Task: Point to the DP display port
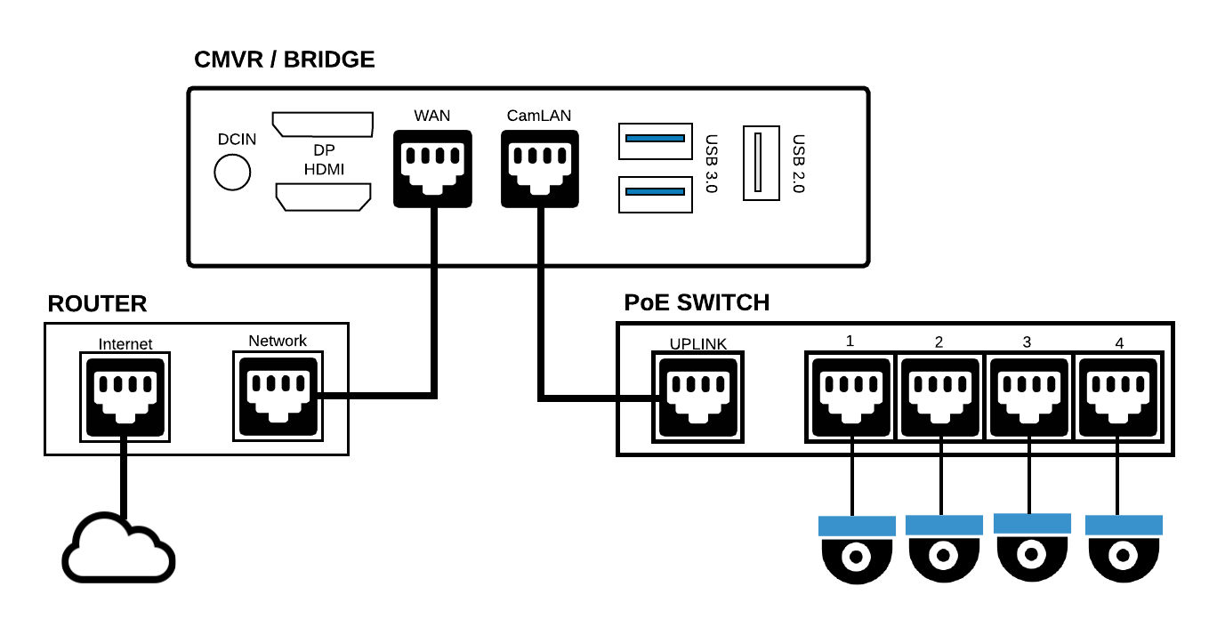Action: (x=322, y=125)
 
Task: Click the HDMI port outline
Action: (x=323, y=197)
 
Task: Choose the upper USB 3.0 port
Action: (x=655, y=140)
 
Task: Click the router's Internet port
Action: (x=125, y=397)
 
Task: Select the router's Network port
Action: (x=278, y=397)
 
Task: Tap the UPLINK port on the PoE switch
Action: (x=697, y=397)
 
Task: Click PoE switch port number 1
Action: (x=850, y=396)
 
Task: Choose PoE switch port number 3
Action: (x=1030, y=396)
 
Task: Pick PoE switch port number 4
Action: (x=1119, y=396)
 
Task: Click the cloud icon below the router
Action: (x=118, y=549)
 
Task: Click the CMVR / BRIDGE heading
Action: (x=284, y=60)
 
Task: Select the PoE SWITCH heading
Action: (x=697, y=302)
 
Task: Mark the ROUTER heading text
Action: (x=97, y=304)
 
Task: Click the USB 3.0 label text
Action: (x=711, y=165)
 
